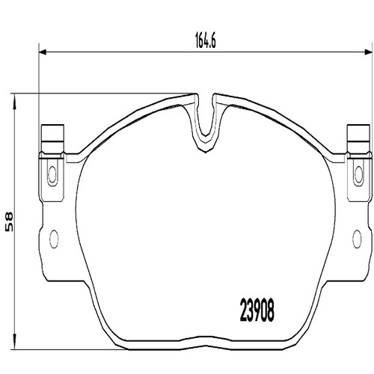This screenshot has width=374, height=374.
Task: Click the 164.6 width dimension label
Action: coord(205,42)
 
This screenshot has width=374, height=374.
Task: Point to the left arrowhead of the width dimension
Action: coord(43,52)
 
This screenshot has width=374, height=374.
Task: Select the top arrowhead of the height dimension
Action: coord(14,102)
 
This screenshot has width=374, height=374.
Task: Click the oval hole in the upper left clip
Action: coord(52,173)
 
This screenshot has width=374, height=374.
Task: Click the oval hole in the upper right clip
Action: coord(359,173)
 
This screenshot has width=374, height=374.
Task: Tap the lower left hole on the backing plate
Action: coord(54,239)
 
